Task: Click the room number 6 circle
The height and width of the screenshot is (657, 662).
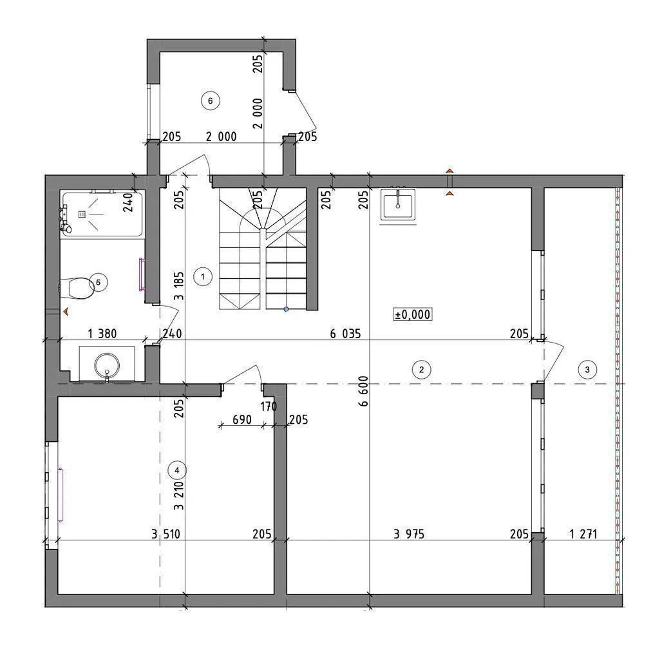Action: coord(210,101)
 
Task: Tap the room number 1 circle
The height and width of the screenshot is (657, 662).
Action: coord(203,277)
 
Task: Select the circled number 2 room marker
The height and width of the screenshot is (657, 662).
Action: coord(421,370)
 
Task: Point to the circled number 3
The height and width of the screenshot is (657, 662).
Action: coord(587,370)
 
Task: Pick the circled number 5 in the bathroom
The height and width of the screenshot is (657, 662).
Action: coord(99,282)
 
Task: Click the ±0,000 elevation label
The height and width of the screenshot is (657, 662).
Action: coord(413,314)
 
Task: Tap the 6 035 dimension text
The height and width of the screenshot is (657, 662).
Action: coord(345,334)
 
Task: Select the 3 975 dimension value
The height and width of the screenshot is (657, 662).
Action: coord(409,534)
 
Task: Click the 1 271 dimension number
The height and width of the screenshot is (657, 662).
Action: coord(583,534)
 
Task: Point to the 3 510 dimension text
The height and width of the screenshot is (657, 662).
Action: coord(165,534)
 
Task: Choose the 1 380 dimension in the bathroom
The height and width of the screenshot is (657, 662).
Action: coord(102,334)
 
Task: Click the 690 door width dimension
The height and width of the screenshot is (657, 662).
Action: coord(242,420)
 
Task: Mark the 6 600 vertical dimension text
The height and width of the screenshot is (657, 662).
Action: coord(363,391)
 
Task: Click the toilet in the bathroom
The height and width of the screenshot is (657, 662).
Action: coord(77,289)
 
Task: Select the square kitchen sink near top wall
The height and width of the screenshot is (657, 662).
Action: coord(398,204)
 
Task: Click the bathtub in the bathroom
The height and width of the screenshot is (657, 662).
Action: coord(102,214)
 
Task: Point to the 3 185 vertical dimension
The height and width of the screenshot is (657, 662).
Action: coord(179,286)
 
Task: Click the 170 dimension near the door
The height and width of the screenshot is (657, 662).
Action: coord(269,406)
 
